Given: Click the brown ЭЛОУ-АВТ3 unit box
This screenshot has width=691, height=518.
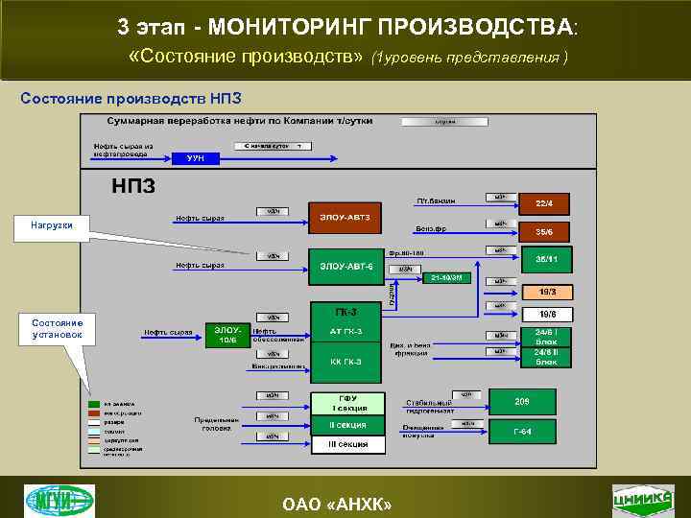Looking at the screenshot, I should click(345, 218).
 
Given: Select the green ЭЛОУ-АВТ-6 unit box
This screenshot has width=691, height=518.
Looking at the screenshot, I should click(345, 265).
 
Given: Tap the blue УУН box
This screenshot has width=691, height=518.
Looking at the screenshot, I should click(196, 157).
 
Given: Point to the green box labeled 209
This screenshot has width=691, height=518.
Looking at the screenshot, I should click(523, 400).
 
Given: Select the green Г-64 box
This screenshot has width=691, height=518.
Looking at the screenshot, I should click(523, 431).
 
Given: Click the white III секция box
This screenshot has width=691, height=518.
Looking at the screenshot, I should click(347, 444).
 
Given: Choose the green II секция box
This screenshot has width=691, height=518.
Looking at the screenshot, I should click(347, 424).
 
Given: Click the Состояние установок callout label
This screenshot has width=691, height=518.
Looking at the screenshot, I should click(58, 329).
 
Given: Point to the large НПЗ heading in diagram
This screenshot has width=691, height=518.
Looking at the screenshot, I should click(133, 185).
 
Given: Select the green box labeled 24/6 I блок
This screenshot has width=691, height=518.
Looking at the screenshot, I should click(546, 335).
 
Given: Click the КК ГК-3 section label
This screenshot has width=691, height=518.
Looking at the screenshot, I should click(345, 362).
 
